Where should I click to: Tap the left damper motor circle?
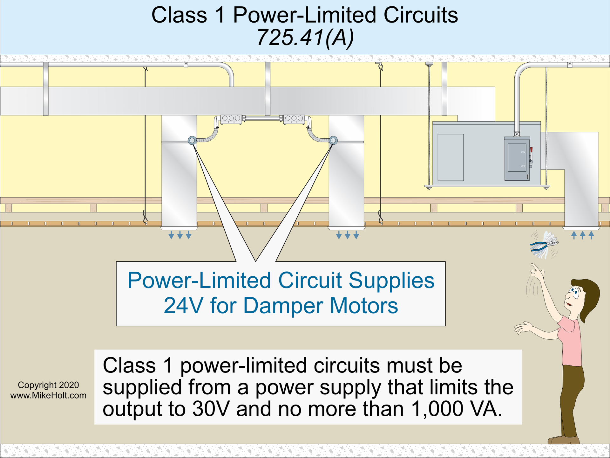[x=192, y=140]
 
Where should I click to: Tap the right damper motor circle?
[x=333, y=140]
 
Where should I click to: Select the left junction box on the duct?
[x=231, y=119]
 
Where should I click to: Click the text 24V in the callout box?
[x=183, y=306]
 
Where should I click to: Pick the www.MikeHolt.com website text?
[x=48, y=396]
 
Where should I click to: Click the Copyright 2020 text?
[x=48, y=385]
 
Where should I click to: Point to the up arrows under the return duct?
[x=582, y=235]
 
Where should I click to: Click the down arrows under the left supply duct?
[x=180, y=235]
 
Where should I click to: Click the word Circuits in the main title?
[x=421, y=15]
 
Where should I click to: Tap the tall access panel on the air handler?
[x=451, y=157]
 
